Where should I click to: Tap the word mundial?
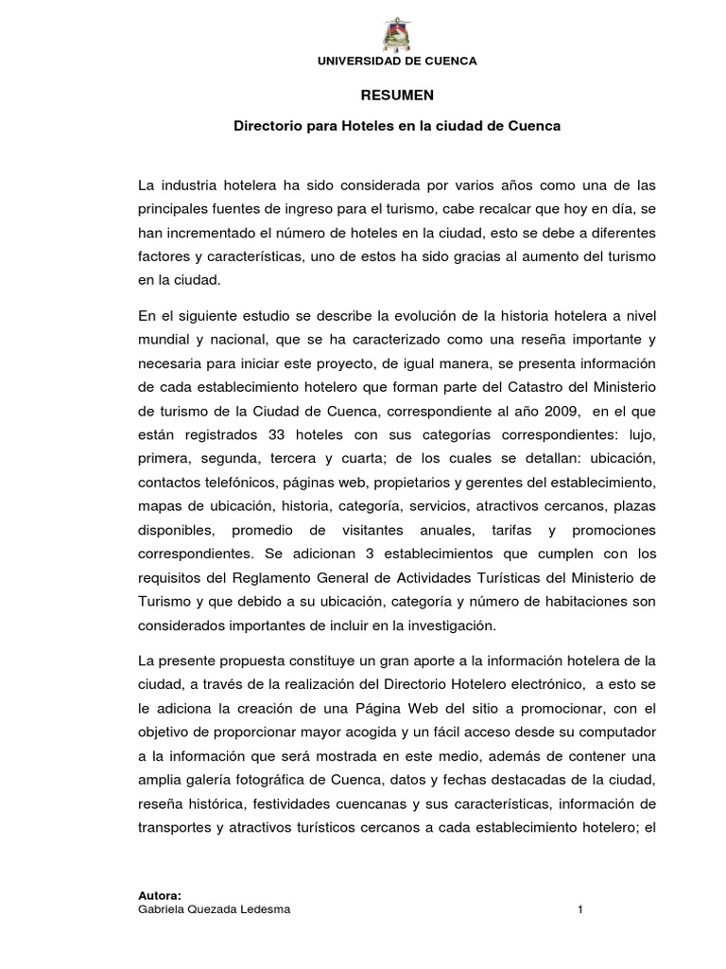tap(164, 339)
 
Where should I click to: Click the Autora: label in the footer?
tap(159, 894)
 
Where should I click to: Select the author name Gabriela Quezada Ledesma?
tap(215, 909)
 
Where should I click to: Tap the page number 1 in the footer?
tap(580, 909)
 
